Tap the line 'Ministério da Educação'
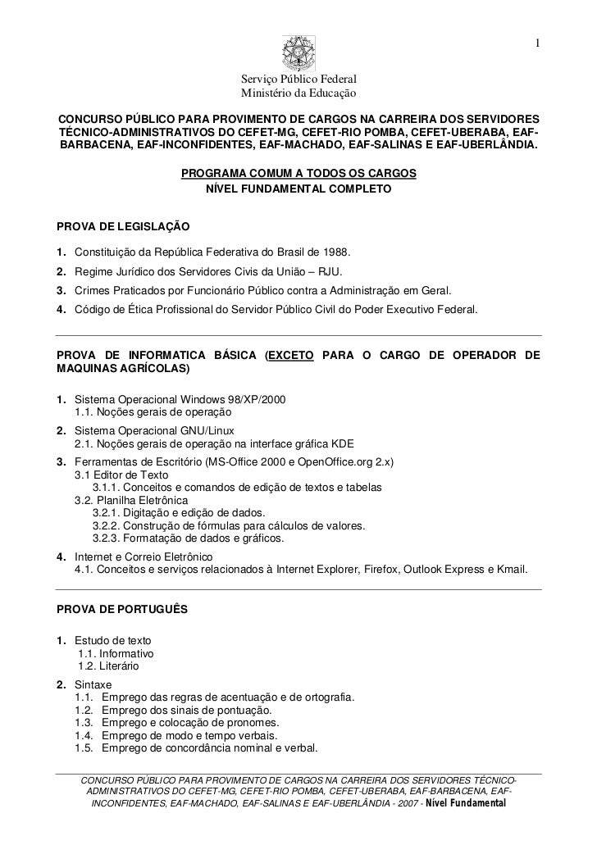click(298, 95)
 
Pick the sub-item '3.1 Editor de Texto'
click(121, 475)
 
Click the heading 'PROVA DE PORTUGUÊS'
click(121, 610)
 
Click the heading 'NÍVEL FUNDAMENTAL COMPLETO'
click(298, 189)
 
